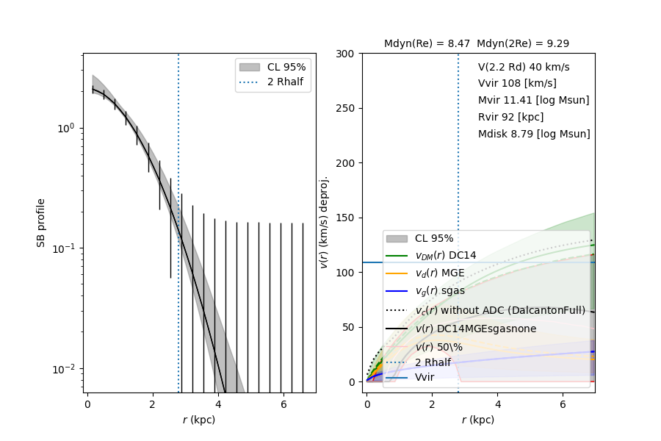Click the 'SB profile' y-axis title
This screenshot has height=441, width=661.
tap(42, 222)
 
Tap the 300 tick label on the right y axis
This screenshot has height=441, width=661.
tap(344, 54)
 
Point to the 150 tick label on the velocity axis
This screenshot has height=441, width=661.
tap(344, 218)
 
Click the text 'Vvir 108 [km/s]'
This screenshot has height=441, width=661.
tap(517, 83)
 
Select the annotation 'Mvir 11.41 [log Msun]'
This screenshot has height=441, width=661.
tap(533, 100)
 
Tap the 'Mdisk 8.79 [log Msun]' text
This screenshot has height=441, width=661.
tap(534, 134)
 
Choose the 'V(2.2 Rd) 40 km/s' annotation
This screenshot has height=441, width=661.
tap(524, 67)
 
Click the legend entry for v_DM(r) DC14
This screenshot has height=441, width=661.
tap(446, 255)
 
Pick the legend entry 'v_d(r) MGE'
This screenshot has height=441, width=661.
tap(440, 273)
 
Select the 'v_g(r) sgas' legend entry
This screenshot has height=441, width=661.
tap(440, 290)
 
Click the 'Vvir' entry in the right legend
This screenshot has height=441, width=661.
tap(425, 377)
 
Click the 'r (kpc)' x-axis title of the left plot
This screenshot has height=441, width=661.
tap(199, 420)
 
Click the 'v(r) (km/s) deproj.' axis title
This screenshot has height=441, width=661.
tap(324, 222)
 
